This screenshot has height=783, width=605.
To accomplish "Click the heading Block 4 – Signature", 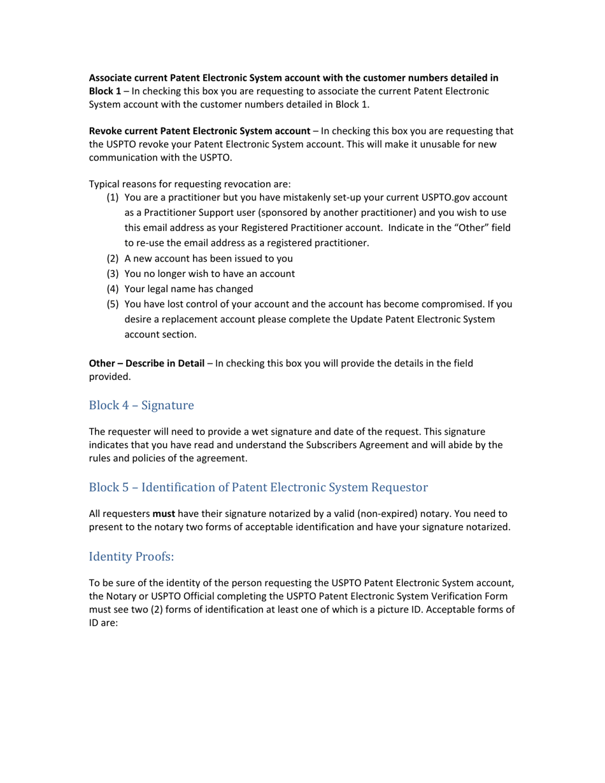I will (x=141, y=406).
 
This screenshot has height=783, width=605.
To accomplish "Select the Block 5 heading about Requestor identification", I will (x=258, y=488).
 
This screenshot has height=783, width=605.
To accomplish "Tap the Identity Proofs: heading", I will (x=131, y=557).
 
